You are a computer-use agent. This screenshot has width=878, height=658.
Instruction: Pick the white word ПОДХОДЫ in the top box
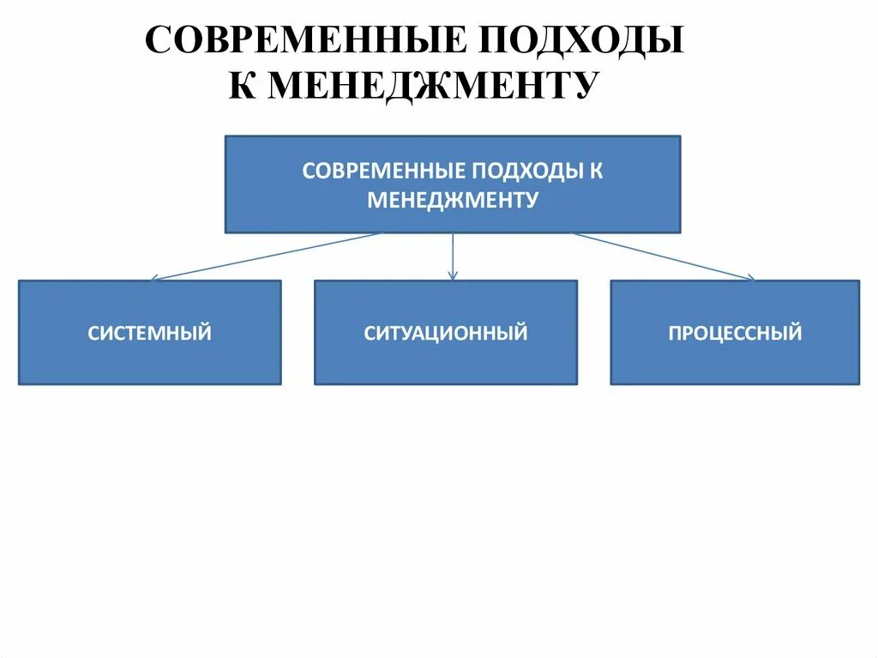524,170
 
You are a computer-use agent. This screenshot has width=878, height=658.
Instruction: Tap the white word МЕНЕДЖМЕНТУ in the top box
453,201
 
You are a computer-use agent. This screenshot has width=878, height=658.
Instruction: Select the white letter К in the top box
596,170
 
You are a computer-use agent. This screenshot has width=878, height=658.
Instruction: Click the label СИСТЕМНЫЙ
149,333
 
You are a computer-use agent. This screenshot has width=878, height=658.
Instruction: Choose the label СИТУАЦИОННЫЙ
446,333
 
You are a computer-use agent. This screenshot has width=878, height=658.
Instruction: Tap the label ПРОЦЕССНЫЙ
735,333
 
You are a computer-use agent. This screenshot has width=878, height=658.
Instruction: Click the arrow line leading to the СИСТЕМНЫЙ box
266,256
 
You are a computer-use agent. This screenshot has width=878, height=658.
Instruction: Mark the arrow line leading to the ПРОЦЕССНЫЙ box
660,256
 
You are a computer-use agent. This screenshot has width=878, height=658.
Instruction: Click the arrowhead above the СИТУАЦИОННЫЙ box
453,275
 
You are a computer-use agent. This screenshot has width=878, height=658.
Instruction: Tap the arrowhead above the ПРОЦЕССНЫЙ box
749,277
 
